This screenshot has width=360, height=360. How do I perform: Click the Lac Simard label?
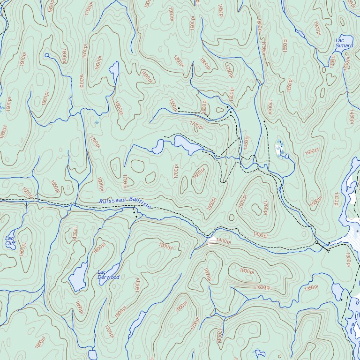[344, 43]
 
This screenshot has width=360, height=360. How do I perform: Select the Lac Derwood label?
[108, 275]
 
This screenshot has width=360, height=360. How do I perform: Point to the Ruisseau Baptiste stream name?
[126, 202]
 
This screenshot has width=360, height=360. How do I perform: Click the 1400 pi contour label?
[224, 240]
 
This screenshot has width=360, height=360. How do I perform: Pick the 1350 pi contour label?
[310, 288]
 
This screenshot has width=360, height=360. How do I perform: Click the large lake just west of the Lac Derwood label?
[77, 276]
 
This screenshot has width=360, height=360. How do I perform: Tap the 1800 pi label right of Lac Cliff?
[22, 249]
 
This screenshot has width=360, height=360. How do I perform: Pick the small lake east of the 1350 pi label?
[337, 292]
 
